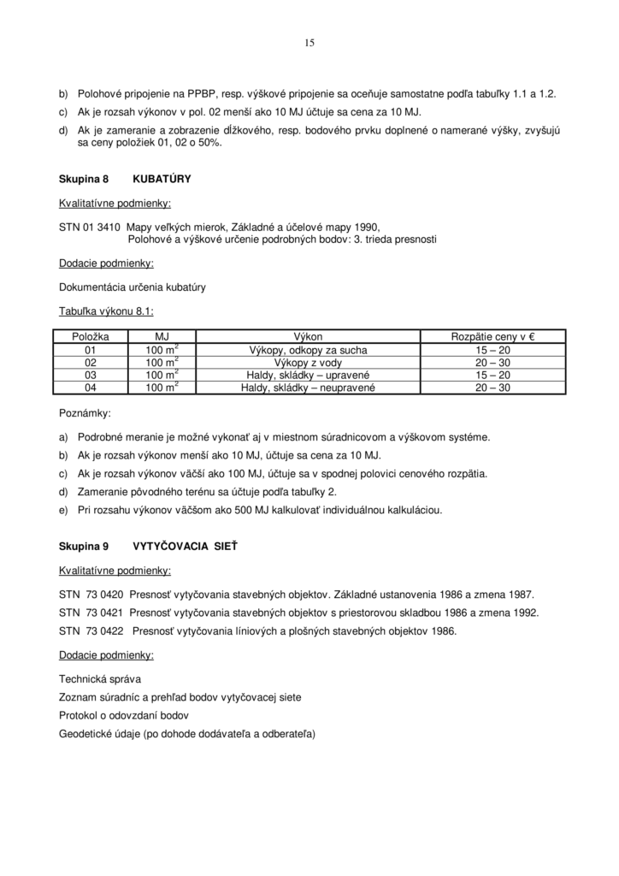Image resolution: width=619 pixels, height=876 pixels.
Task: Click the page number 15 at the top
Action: point(309,42)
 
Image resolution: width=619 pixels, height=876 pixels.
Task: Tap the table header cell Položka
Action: point(91,337)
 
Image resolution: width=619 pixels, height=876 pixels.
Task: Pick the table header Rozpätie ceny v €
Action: point(492,337)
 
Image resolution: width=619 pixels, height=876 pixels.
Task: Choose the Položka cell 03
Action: point(91,375)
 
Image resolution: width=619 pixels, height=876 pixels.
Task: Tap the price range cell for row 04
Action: point(492,388)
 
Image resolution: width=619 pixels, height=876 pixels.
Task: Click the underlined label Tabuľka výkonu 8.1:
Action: point(106,312)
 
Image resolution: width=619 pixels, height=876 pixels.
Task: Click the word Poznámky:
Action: point(85,412)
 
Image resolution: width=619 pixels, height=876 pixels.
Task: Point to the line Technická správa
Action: point(100,678)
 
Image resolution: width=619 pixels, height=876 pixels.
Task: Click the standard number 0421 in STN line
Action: point(111,613)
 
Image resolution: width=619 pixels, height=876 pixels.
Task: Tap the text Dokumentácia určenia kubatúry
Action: point(132,287)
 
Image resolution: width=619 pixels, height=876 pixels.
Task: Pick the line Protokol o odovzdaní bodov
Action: point(123,715)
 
